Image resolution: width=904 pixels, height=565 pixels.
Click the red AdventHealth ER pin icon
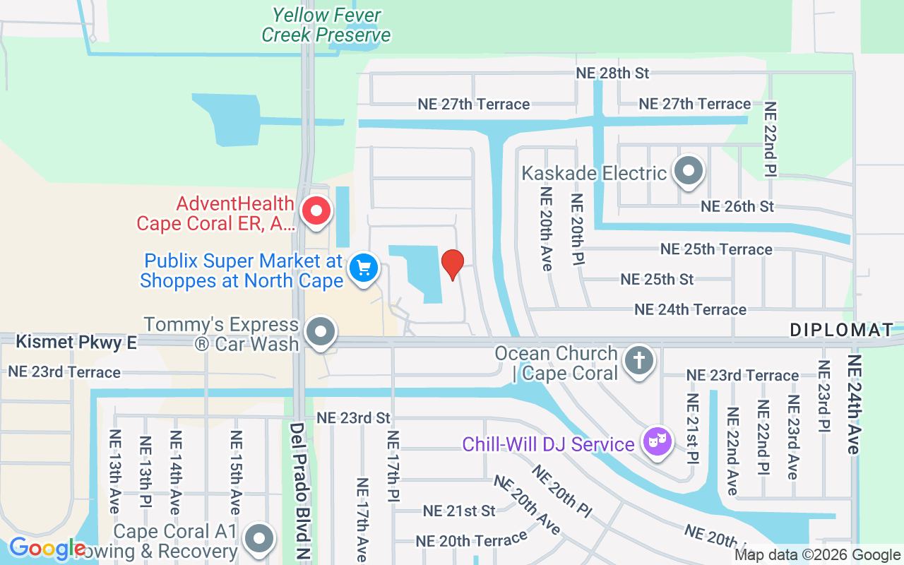316,210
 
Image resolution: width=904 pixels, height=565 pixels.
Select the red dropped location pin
452,264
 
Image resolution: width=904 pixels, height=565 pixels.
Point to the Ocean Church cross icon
638,361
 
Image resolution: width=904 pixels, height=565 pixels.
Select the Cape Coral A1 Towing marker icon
259,539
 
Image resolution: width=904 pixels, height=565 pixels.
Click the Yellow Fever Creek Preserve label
326,25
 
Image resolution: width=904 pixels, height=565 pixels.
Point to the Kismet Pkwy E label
76,343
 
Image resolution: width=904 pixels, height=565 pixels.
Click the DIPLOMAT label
841,330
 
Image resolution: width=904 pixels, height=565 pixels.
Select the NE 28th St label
612,73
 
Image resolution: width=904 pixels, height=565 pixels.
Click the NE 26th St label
737,207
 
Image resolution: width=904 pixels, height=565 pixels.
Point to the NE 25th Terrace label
716,249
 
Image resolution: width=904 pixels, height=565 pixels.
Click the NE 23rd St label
353,418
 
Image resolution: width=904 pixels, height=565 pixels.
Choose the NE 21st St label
459,511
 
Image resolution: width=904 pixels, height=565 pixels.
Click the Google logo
47,547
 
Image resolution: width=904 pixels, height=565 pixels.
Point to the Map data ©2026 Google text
817,555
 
